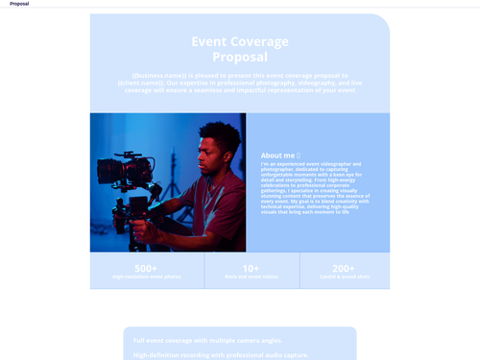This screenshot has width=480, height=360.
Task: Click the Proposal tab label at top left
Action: click(x=19, y=4)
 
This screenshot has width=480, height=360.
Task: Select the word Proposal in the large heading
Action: click(x=240, y=57)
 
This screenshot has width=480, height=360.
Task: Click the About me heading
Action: click(x=277, y=155)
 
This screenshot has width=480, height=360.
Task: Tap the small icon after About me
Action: click(x=299, y=155)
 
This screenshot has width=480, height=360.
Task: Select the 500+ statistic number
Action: click(x=146, y=269)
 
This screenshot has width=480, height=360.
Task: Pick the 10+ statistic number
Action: click(x=251, y=269)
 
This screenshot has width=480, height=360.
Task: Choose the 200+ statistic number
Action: click(x=344, y=269)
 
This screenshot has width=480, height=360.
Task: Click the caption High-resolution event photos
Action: click(x=146, y=276)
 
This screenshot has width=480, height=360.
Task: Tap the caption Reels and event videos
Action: click(x=251, y=276)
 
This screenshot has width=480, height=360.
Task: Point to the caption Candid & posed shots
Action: click(x=344, y=276)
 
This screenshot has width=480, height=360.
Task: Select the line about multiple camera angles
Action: click(x=208, y=341)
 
